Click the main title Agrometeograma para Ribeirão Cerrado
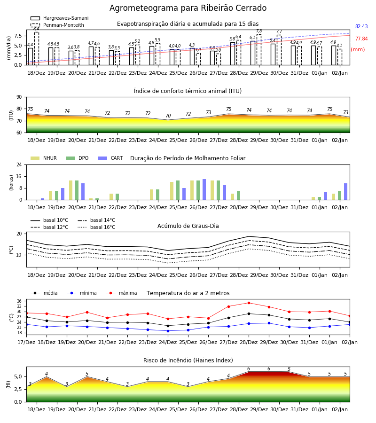pos(188,8)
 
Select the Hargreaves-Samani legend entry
pos(59,18)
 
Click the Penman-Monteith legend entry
pos(57,25)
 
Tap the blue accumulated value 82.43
pos(361,26)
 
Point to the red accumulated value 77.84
pos(361,39)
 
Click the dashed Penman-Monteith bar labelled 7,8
pos(259,50)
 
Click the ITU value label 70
pos(168,116)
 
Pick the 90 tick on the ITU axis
pos(19,97)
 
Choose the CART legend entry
pos(110,158)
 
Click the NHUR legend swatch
pos(35,158)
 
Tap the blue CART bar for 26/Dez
pos(204,189)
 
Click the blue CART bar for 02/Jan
pos(346,192)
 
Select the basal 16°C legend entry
pos(96,227)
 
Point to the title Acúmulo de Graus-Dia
pos(188,226)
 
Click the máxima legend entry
pos(121,293)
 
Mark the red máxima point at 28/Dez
pos(249,303)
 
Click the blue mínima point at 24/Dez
pos(168,331)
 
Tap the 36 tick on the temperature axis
pos(19,301)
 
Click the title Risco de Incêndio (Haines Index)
pos(188,360)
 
